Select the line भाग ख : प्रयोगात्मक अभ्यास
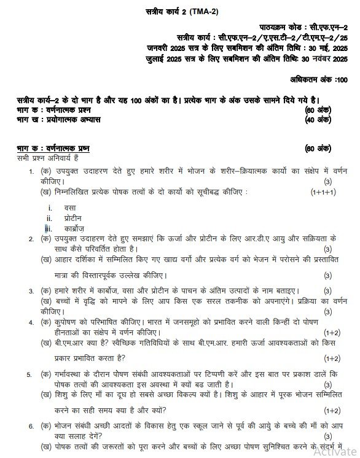coord(58,118)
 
